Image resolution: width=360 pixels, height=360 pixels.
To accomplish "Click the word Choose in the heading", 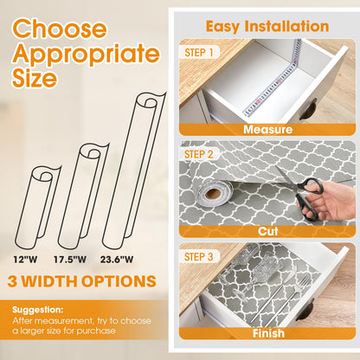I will [x=57, y=28].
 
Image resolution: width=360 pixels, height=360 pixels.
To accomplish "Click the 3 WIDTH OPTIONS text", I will [x=83, y=281].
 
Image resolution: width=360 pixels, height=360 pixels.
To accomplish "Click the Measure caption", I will [x=267, y=130].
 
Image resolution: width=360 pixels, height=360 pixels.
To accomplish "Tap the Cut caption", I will [x=267, y=231].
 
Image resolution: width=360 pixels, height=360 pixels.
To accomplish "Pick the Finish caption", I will [x=267, y=333].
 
